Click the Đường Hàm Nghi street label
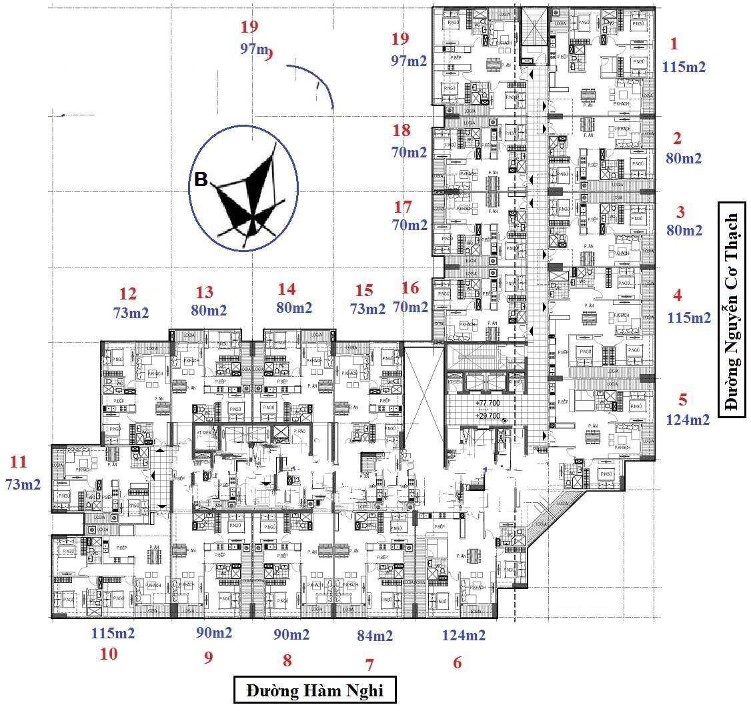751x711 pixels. (315, 690)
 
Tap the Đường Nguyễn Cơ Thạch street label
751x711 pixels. (732, 313)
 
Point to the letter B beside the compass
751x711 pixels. (200, 179)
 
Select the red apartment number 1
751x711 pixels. (674, 45)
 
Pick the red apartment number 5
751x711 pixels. (682, 400)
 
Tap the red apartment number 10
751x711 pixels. (108, 654)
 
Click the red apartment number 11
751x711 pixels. (19, 462)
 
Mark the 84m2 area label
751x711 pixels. (375, 636)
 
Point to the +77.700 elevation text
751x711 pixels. (488, 404)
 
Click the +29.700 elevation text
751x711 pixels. (488, 415)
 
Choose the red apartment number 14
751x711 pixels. (286, 289)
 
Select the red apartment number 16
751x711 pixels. (411, 287)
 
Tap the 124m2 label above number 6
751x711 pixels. (464, 635)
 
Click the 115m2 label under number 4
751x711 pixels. (689, 318)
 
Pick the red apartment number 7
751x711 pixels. (369, 664)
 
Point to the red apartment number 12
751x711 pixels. (127, 293)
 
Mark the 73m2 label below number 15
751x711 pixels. (368, 309)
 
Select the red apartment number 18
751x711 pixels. (402, 130)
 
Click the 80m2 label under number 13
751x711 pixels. (209, 310)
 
